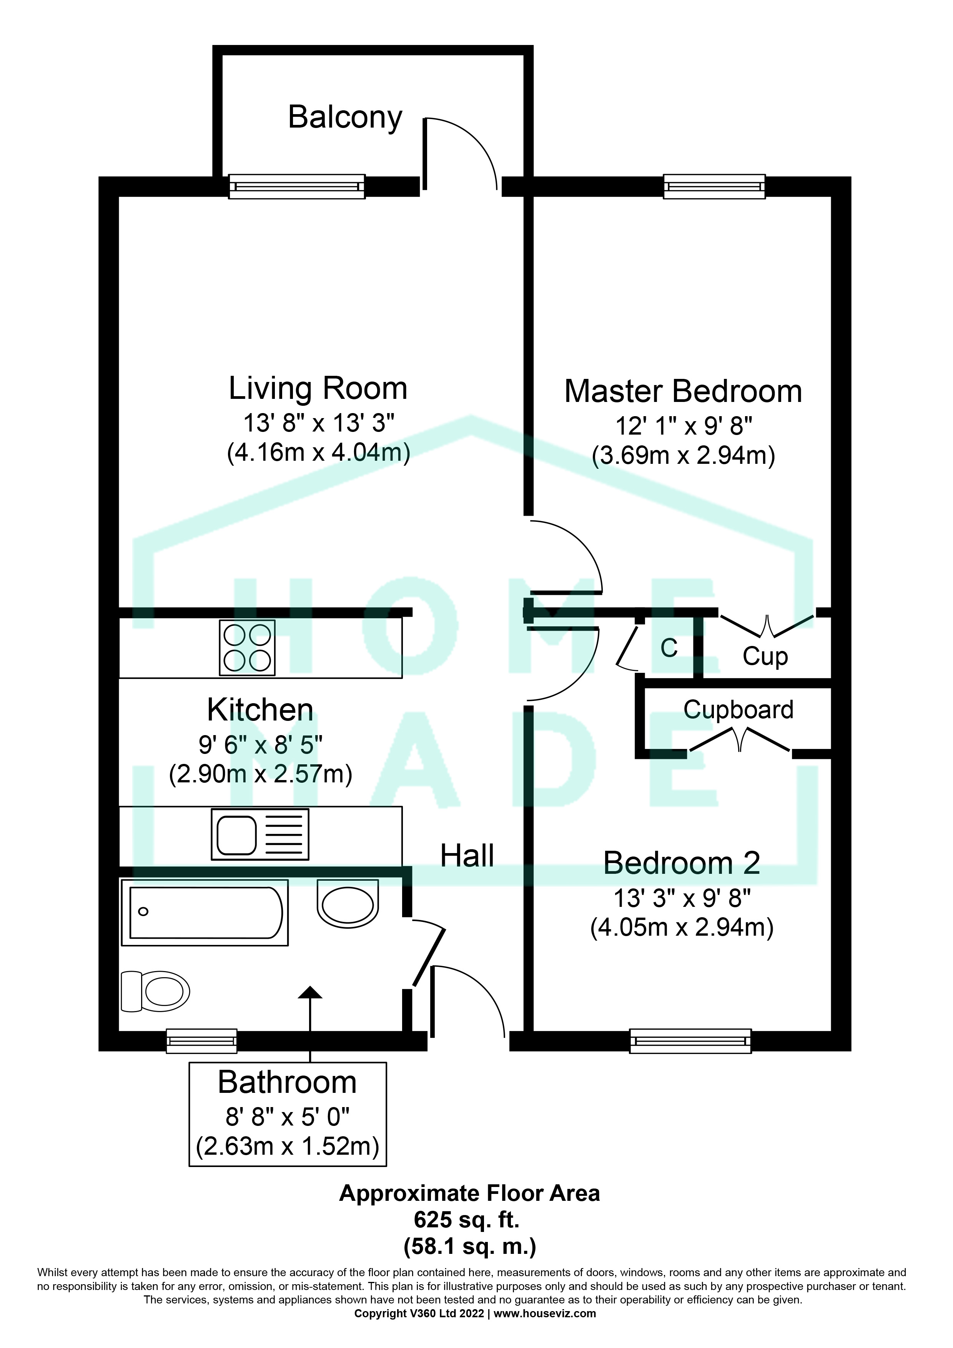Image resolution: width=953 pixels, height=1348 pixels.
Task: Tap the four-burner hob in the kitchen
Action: (x=247, y=647)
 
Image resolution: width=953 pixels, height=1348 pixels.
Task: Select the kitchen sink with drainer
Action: (x=259, y=834)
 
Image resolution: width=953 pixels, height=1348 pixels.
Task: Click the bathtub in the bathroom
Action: (x=205, y=912)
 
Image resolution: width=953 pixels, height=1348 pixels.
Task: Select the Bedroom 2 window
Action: (x=690, y=1041)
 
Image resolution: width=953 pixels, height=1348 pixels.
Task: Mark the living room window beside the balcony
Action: (x=296, y=187)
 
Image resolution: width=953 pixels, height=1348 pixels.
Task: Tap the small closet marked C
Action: (x=669, y=648)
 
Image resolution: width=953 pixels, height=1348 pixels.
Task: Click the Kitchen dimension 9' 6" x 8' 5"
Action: (x=260, y=745)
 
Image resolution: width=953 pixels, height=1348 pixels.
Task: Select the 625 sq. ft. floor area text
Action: (x=467, y=1220)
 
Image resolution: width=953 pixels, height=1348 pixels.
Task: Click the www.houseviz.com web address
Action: (x=544, y=1314)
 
